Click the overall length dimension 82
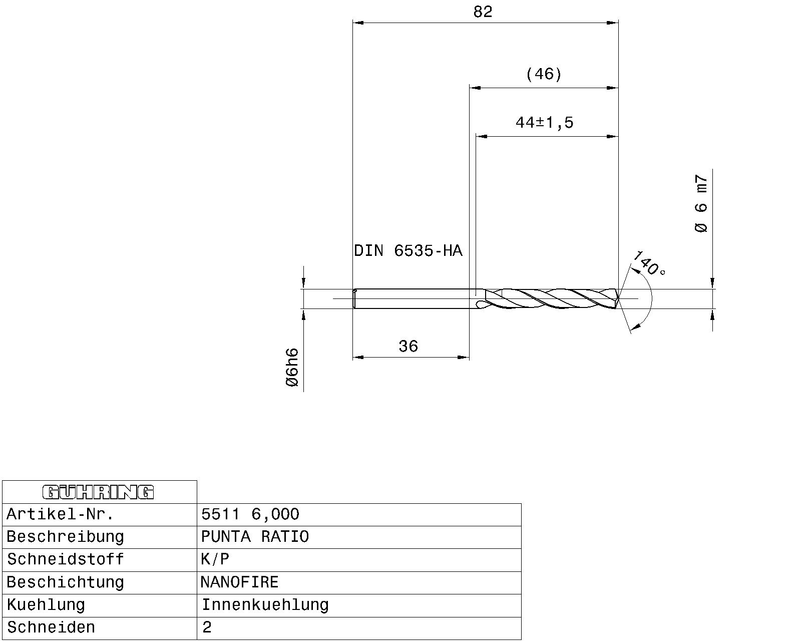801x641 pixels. click(x=483, y=12)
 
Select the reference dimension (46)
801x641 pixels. click(x=544, y=75)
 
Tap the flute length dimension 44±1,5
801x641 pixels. click(x=544, y=122)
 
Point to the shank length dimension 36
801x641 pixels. click(x=408, y=346)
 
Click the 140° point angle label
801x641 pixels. click(x=649, y=264)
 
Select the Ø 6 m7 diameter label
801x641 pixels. click(x=701, y=204)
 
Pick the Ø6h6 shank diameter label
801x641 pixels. click(x=292, y=368)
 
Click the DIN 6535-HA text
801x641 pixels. click(x=408, y=250)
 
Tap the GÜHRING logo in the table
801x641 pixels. click(x=99, y=492)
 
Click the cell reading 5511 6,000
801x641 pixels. click(x=250, y=514)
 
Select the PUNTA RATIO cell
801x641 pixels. click(x=255, y=537)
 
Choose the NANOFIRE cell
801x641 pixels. click(x=239, y=582)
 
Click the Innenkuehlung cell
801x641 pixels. click(x=265, y=605)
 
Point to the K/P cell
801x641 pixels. click(x=215, y=559)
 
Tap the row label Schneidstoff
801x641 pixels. click(x=65, y=559)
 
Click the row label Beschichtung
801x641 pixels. click(x=65, y=582)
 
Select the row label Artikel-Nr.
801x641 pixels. click(x=61, y=514)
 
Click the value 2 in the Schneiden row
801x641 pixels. click(x=207, y=627)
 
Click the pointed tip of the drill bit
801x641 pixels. click(x=619, y=299)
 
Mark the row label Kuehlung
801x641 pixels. click(x=46, y=605)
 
